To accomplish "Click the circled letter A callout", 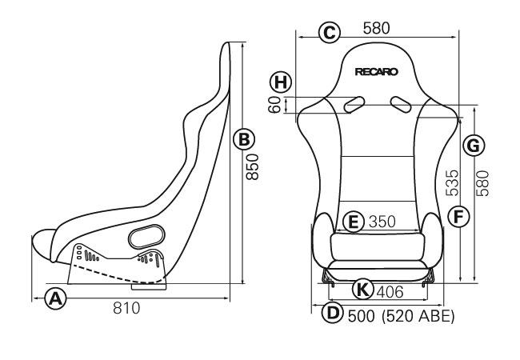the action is coord(55,298).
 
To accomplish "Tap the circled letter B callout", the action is coord(244,139).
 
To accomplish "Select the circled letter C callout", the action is coord(330,33).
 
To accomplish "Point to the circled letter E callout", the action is coord(354,222).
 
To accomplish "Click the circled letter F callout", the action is coord(458,217).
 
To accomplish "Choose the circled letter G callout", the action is coord(474,145).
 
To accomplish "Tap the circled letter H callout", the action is coord(281,82).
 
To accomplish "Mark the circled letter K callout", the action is coord(363,290).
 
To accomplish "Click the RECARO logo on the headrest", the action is coord(377,72).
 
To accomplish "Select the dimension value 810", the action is coord(126,308).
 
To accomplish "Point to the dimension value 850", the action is coord(253,166).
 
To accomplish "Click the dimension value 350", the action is coord(382,222).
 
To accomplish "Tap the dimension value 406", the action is coord(390,292).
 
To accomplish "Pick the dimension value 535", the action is coord(452,183).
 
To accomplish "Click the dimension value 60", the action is coord(275,105).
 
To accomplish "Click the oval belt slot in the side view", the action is coord(146,236).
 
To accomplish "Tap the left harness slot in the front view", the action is coord(354,105).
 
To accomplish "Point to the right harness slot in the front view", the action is coord(401,105).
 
